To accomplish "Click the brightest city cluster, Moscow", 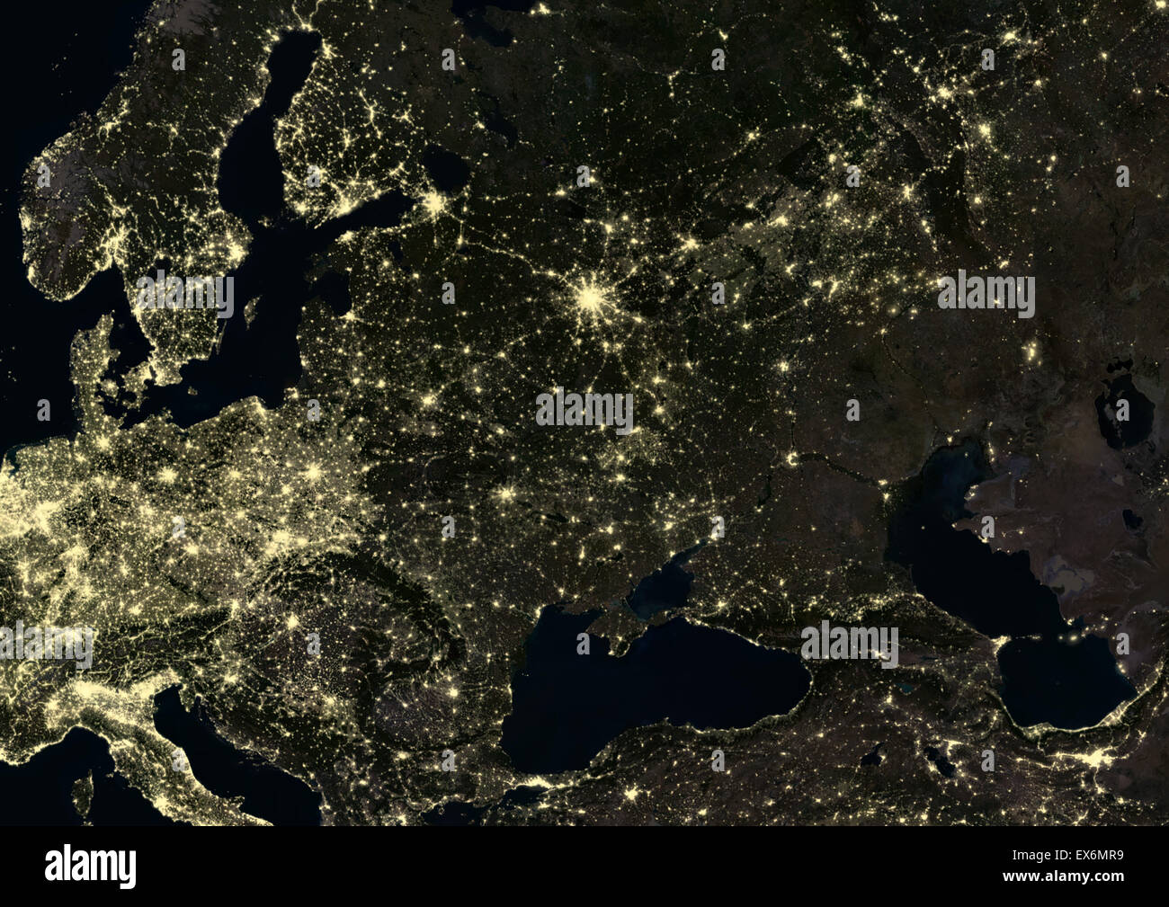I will (589, 296).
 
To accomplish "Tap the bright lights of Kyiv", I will (508, 493).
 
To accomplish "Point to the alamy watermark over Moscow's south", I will (584, 410).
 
